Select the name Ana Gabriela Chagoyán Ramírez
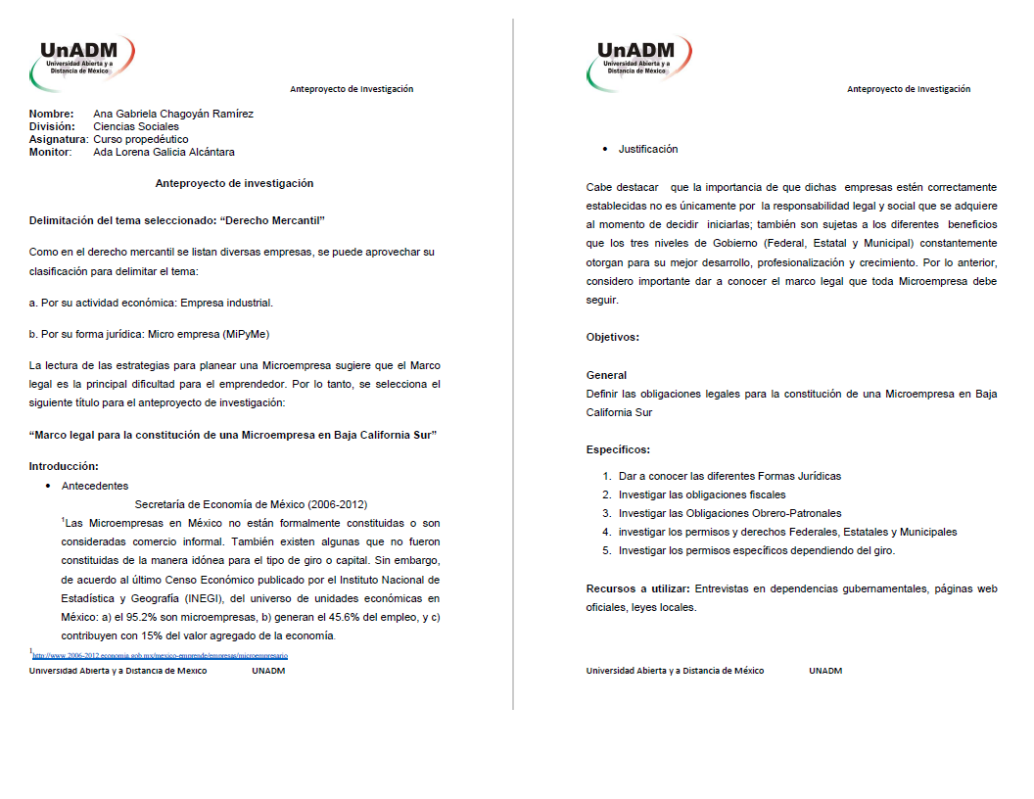173,114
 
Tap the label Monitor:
50,152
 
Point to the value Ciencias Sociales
136,126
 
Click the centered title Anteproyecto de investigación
234,183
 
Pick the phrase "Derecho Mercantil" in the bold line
272,220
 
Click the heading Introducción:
64,465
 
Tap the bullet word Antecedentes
94,486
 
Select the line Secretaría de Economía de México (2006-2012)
251,504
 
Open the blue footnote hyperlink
161,655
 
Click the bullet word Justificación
647,149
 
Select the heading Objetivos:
612,337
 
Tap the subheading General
606,375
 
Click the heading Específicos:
618,449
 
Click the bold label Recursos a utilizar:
637,588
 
